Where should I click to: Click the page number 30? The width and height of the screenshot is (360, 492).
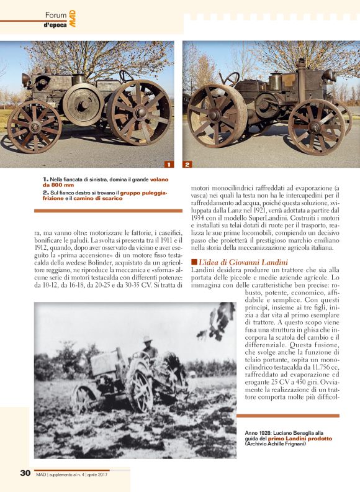tap(25, 473)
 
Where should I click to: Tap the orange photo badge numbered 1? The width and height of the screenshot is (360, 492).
tap(168, 165)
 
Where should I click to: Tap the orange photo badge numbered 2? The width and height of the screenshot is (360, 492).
tap(187, 165)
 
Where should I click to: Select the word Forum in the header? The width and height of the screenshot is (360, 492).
tap(56, 14)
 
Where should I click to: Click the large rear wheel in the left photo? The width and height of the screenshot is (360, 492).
tap(138, 112)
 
